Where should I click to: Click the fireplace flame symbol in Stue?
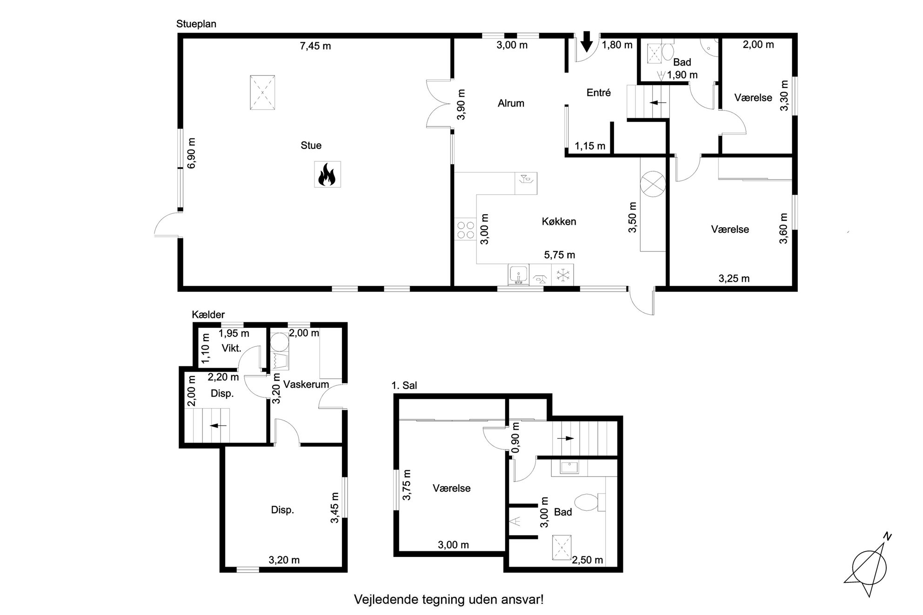(x=327, y=174)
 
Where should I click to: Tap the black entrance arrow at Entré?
(x=587, y=41)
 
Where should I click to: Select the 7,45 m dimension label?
(x=315, y=46)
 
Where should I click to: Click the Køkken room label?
(x=559, y=221)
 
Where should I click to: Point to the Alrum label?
(x=511, y=103)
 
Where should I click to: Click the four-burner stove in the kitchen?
(x=465, y=230)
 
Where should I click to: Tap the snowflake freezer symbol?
(x=563, y=275)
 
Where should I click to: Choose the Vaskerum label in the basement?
(x=306, y=384)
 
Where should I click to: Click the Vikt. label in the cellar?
(x=231, y=348)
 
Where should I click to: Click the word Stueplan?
(x=196, y=24)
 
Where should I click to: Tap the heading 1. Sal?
(x=404, y=385)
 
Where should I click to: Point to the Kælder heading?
(x=208, y=315)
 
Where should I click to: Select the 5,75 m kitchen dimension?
(x=560, y=255)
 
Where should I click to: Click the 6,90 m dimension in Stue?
(x=191, y=153)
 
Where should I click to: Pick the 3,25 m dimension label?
(x=734, y=278)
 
